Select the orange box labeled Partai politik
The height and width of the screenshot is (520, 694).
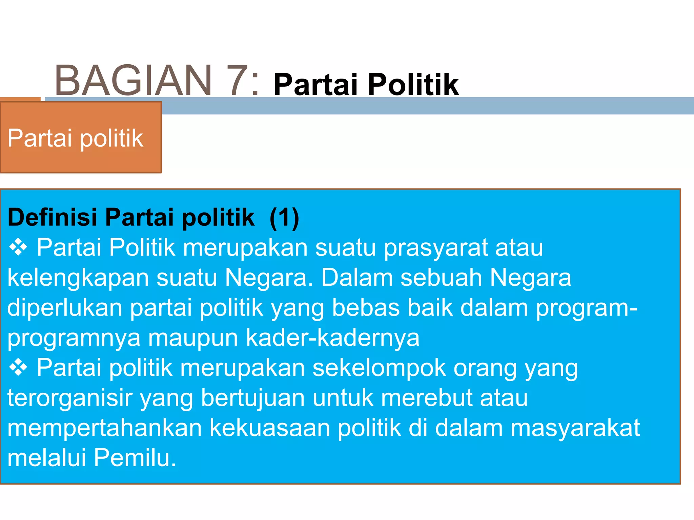[x=81, y=137]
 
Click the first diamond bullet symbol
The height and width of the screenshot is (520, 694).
[x=18, y=247]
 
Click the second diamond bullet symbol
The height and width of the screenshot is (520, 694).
[x=18, y=368]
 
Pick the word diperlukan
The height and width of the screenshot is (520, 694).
[x=65, y=308]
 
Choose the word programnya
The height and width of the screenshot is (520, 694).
[x=74, y=338]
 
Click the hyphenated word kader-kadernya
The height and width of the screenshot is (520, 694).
[x=332, y=338]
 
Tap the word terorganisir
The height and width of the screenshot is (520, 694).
[x=70, y=398]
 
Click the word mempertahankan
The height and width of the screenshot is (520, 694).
[x=104, y=428]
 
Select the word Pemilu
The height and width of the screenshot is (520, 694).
[x=135, y=458]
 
